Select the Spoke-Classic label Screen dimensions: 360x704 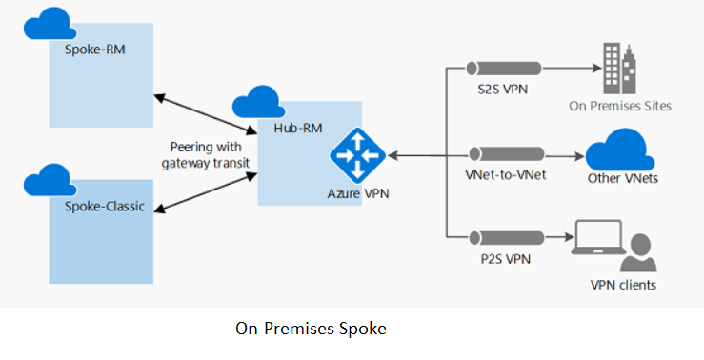[104, 207]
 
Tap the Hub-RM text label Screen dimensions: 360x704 [292, 127]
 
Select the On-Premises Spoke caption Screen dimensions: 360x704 [311, 329]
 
